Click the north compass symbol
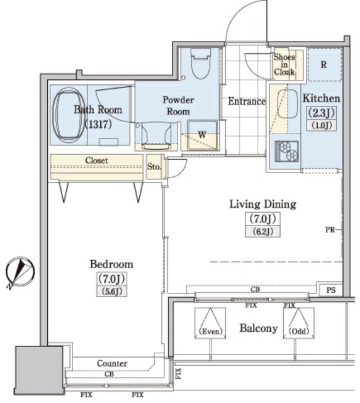20,272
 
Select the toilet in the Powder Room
200,63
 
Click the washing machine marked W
202,135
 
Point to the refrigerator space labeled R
325,64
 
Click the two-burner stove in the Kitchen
286,151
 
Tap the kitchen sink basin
287,103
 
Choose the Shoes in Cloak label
284,64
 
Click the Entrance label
247,101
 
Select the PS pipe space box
331,290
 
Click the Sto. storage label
154,167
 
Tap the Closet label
96,161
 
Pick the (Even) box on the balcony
210,323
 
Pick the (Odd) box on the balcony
298,323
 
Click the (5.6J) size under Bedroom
111,292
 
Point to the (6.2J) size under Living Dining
262,232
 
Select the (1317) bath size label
98,125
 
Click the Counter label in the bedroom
112,363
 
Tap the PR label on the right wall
330,230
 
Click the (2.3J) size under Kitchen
322,113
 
